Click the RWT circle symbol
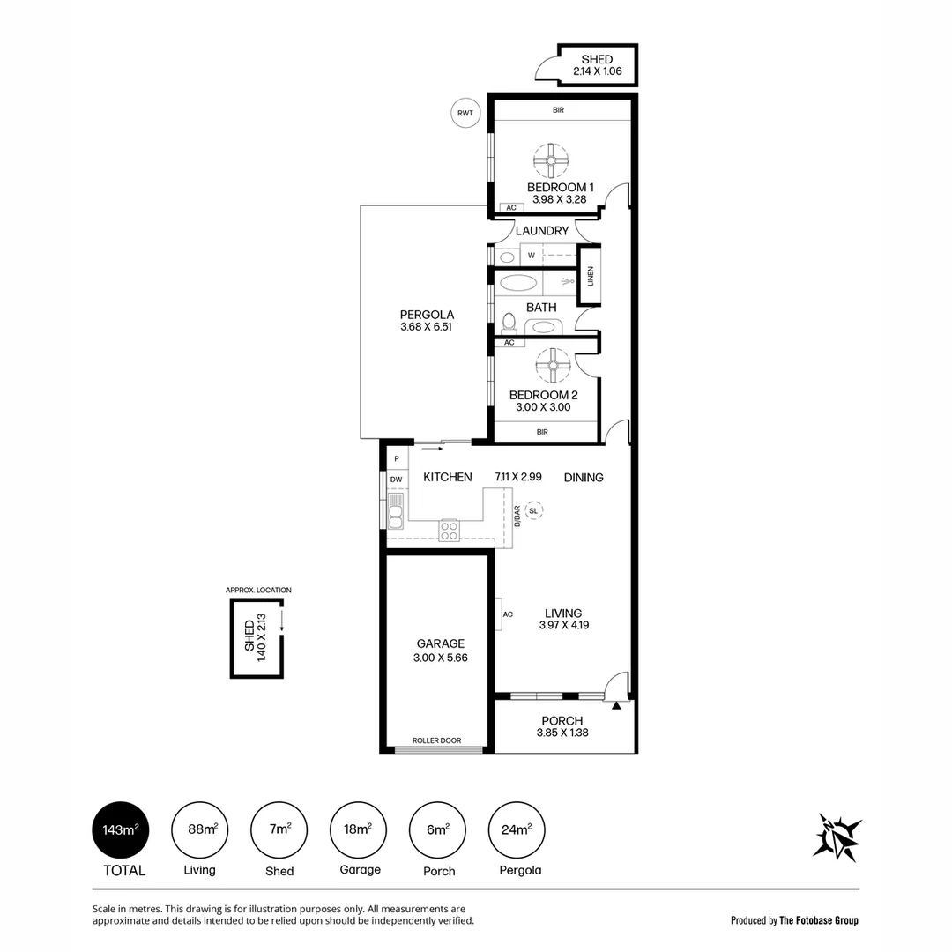pos(465,112)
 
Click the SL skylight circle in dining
pos(533,510)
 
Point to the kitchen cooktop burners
pos(450,530)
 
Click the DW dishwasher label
pos(397,480)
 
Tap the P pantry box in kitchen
pos(397,458)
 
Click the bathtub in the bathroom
pos(517,284)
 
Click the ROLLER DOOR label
pos(437,740)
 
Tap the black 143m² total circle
pos(120,829)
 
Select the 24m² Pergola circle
pos(517,829)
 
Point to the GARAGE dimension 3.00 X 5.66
pos(439,658)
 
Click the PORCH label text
pos(562,720)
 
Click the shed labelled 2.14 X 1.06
pos(597,65)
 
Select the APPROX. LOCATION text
pos(258,590)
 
